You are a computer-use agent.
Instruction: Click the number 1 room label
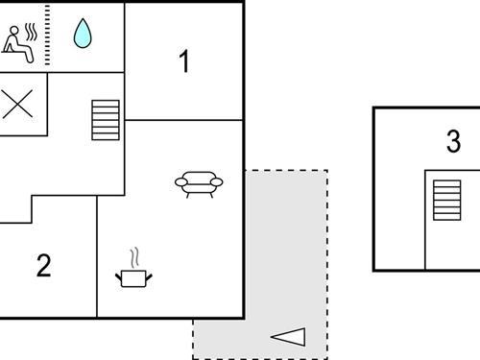[184, 62]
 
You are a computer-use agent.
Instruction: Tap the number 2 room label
[43, 266]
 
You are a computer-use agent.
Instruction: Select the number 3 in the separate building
[453, 142]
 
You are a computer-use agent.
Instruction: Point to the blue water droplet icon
[84, 35]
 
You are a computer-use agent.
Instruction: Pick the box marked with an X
[16, 104]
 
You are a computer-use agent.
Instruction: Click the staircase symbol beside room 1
[105, 120]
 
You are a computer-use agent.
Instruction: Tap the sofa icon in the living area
[199, 183]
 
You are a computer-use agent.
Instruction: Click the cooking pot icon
[133, 276]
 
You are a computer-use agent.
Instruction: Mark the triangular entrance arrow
[288, 336]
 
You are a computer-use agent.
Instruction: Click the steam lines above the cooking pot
[134, 257]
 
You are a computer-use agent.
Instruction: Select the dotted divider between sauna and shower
[48, 36]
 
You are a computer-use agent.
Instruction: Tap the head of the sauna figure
[13, 31]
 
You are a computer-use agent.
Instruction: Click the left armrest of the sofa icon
[180, 181]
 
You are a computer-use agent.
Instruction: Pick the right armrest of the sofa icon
[217, 181]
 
